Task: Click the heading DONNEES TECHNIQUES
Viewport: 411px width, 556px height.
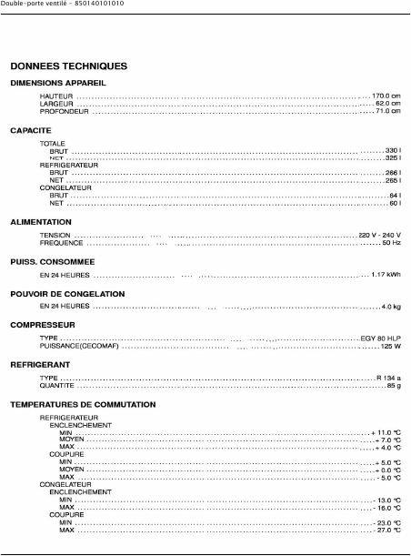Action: (x=68, y=66)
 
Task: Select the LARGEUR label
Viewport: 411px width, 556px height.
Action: (x=55, y=104)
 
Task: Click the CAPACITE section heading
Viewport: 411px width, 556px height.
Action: (x=30, y=131)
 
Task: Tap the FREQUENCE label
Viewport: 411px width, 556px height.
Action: (x=62, y=243)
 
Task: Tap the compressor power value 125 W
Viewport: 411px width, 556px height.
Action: (x=391, y=346)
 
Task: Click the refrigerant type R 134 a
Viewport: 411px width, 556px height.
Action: (x=388, y=377)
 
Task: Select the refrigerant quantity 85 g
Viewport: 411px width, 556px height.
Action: (x=394, y=385)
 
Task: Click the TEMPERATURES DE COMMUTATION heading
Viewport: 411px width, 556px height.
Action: (x=83, y=404)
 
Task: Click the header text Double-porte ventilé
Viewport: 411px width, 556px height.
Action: (x=31, y=5)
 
